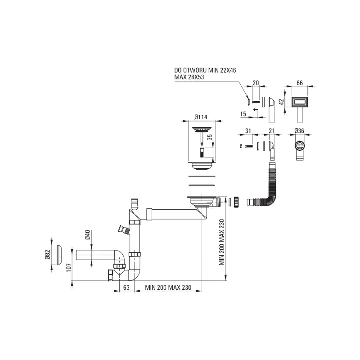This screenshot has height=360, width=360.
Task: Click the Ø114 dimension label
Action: coord(201,117)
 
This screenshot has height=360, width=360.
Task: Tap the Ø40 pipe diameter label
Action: coord(87,235)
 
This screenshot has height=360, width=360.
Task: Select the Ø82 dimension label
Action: coord(47,254)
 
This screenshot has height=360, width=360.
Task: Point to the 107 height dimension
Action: coord(69,268)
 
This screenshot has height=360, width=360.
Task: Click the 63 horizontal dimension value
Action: coord(126,288)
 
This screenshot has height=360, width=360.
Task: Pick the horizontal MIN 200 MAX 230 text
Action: coord(168,288)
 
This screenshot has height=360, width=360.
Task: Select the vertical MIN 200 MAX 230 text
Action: coord(221,242)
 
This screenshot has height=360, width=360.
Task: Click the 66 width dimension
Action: coord(300,83)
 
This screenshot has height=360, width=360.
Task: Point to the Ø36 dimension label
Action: coord(299,131)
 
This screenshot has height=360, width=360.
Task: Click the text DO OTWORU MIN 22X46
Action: coord(205,70)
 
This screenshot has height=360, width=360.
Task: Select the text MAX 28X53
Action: coord(189,77)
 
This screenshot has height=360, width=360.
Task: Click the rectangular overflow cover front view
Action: coord(299,102)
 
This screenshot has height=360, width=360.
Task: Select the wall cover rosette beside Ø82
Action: coord(59,255)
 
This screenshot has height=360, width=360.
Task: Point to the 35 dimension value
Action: coord(210,137)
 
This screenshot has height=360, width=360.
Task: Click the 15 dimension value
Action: coord(243,114)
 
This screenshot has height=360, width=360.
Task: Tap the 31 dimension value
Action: coord(248,131)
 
